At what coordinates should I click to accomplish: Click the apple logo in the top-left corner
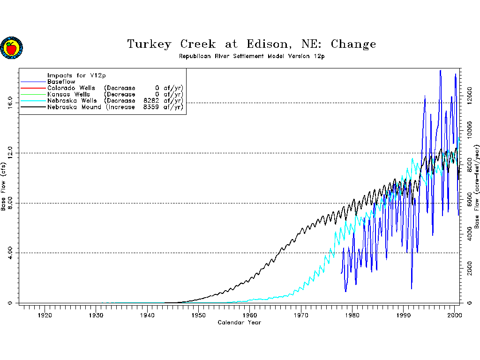(11, 48)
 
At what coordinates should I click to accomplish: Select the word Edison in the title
(263, 45)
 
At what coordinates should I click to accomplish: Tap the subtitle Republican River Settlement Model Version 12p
(251, 56)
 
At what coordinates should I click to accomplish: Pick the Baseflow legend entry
(61, 82)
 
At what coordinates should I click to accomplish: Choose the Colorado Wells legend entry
(71, 88)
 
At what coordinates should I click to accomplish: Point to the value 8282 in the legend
(152, 101)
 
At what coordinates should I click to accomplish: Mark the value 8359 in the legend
(152, 107)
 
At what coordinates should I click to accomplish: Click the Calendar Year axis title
(239, 322)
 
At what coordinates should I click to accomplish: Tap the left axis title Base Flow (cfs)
(4, 187)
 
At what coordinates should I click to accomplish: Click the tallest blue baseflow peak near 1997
(440, 71)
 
